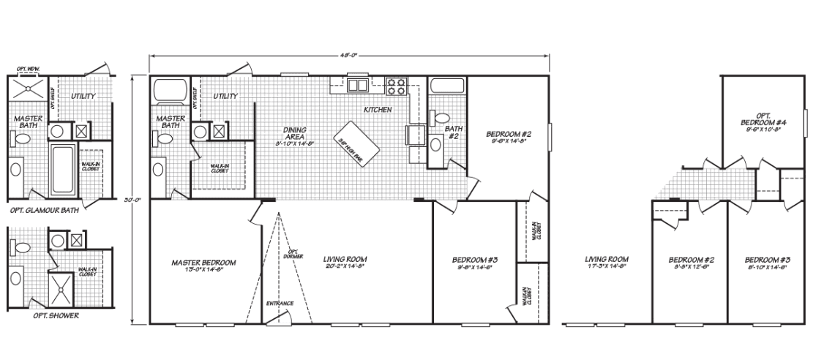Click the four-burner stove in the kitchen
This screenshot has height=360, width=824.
tap(396, 86)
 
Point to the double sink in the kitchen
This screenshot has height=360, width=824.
tap(358, 86)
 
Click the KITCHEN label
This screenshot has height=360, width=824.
tap(378, 110)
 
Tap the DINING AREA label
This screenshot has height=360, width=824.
tap(295, 132)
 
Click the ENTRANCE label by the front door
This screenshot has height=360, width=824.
tap(280, 303)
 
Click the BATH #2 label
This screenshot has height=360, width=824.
tap(452, 131)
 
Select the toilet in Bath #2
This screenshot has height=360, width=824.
tap(442, 117)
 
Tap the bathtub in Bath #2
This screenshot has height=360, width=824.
tap(447, 85)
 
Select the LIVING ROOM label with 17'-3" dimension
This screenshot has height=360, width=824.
tap(607, 262)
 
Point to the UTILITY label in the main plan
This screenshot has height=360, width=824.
tap(225, 96)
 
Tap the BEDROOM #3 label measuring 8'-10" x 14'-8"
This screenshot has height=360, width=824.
tap(766, 262)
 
